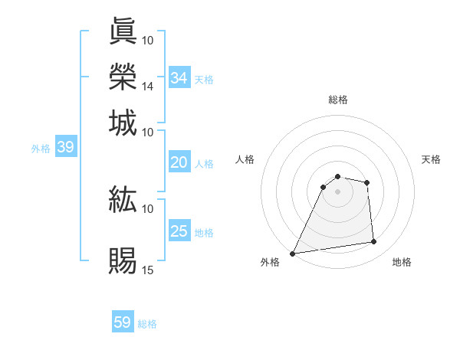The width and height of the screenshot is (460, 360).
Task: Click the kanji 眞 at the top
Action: tap(123, 31)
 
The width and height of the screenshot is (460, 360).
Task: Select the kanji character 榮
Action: tap(123, 77)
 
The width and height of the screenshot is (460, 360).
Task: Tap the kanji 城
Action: tap(123, 123)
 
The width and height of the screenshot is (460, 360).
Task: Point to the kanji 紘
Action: tap(123, 200)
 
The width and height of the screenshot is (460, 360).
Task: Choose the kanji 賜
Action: tap(123, 261)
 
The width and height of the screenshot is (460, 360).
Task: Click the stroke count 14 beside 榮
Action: tap(148, 87)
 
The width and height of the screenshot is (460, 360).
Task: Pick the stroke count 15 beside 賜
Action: tap(148, 270)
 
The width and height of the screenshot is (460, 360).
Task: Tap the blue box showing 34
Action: tap(179, 78)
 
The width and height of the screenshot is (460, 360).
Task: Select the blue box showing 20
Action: tap(179, 162)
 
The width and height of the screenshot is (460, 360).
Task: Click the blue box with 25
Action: tap(179, 231)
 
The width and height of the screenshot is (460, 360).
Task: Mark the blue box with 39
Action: tap(65, 148)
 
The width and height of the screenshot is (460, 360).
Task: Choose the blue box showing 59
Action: tap(123, 322)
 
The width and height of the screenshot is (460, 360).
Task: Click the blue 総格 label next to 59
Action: tap(148, 324)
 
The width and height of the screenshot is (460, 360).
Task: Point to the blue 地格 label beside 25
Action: tap(204, 233)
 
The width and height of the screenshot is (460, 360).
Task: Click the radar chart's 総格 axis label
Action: tap(338, 100)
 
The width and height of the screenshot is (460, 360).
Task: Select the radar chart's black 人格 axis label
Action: tap(245, 159)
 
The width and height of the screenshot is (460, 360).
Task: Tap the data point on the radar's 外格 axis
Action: tap(293, 254)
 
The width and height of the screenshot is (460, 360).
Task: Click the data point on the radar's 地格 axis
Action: tap(374, 242)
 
